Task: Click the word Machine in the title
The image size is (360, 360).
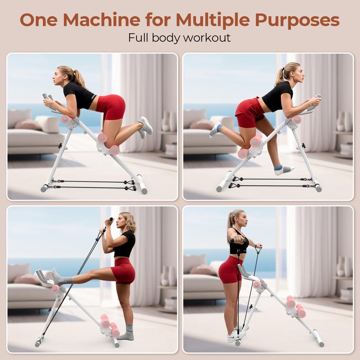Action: click(102, 20)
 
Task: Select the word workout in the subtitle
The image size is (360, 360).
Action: click(207, 38)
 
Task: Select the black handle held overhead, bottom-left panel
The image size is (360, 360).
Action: click(111, 219)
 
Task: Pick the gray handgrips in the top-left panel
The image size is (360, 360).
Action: click(48, 98)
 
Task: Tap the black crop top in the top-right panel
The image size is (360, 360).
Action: click(278, 96)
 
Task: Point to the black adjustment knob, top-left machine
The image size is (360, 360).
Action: click(60, 145)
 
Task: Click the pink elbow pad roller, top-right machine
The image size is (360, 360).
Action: click(297, 120)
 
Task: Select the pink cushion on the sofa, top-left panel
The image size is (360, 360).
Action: click(28, 124)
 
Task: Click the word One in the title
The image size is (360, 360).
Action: click(39, 20)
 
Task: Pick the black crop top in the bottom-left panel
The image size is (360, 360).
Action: click(125, 243)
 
